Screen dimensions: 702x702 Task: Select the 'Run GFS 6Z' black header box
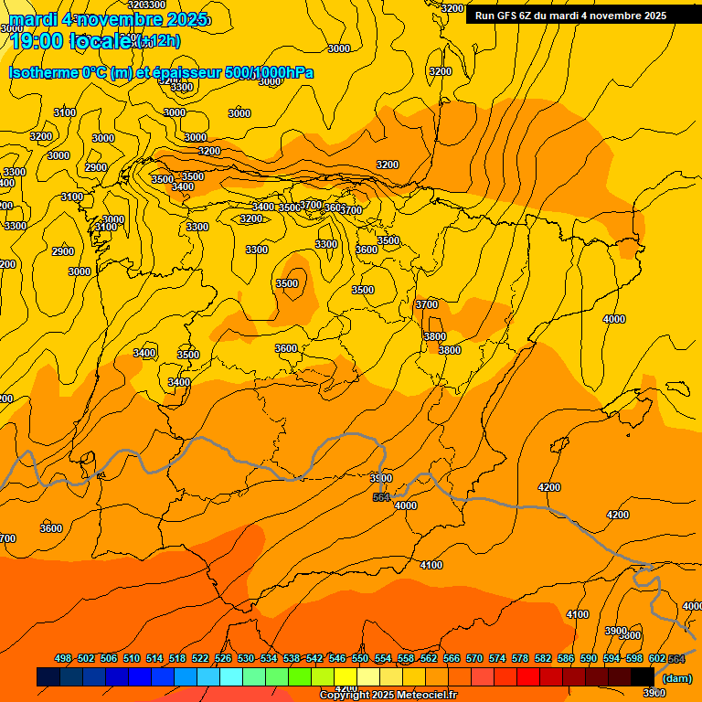583,15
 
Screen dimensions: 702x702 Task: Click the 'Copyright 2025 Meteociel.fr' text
388,695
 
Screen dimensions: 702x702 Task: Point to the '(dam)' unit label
676,678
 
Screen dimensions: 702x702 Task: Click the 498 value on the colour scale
63,658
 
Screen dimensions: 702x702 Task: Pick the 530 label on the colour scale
246,658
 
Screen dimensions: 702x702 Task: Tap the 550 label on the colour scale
360,658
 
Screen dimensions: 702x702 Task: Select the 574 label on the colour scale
497,658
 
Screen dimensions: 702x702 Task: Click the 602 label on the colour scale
657,658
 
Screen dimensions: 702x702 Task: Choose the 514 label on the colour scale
154,658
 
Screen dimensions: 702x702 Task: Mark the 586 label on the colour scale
566,658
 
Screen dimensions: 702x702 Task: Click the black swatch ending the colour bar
642,676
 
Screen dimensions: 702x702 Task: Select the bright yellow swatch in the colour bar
346,676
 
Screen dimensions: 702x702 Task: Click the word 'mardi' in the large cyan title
34,19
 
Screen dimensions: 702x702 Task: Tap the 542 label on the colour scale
314,658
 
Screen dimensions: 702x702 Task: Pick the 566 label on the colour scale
452,658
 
